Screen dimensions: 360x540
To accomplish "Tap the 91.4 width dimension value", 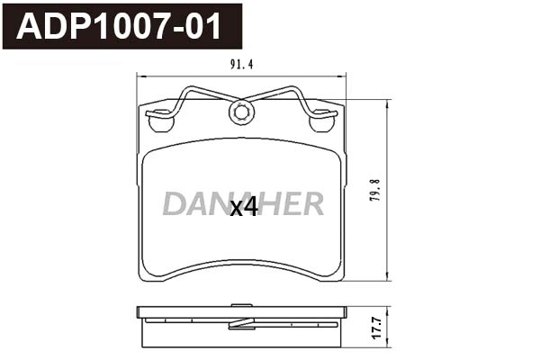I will pyautogui.click(x=242, y=64).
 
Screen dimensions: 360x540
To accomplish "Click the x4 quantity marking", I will pyautogui.click(x=244, y=208).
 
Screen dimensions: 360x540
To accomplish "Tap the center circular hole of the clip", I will pyautogui.click(x=241, y=112).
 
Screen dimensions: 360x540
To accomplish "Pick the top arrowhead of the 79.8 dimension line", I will pyautogui.click(x=388, y=101).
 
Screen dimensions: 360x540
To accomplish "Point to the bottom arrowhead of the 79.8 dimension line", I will pyautogui.click(x=388, y=280).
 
